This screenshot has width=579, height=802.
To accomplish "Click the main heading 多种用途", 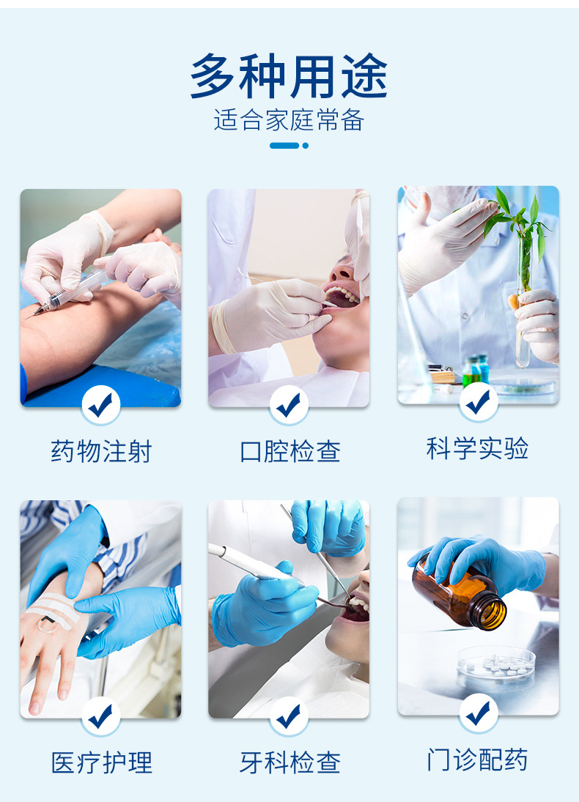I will click(289, 76).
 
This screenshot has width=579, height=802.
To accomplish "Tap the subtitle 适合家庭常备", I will click(289, 120).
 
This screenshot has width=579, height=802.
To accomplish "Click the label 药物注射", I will click(101, 451).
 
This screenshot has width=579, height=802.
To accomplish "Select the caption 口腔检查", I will click(289, 451).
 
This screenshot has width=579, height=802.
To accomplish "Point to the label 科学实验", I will click(477, 448).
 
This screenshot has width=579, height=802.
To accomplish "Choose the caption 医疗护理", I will click(101, 762).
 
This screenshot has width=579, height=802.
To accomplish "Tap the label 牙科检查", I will click(289, 762).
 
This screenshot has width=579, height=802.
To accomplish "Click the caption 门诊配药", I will click(477, 760).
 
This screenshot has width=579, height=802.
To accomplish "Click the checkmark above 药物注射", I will click(101, 404).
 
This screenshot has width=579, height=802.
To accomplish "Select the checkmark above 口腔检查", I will click(289, 404).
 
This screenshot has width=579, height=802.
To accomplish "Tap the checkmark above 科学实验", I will click(478, 401).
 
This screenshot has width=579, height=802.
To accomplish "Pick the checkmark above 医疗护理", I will click(101, 716).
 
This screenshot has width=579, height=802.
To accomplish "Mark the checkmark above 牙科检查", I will click(289, 716).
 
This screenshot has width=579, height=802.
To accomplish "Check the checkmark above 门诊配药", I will click(478, 712).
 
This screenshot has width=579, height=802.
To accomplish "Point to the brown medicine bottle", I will click(460, 595).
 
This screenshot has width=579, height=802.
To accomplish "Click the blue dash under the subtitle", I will click(284, 145).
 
